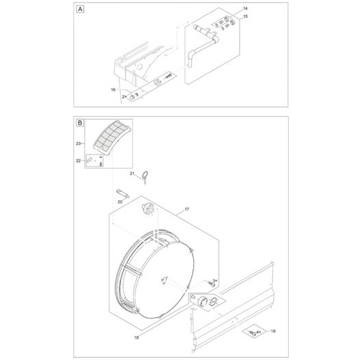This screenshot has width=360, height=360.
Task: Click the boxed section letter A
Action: coord(81,10)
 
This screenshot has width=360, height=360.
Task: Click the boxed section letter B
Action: coord(81,123)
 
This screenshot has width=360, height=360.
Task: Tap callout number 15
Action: coord(246,15)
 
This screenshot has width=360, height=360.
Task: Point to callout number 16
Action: coord(113,89)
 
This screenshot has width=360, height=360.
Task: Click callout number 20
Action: coord(120,202)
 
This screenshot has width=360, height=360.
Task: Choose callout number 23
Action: coord(79,143)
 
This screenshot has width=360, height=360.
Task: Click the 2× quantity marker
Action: coord(124,98)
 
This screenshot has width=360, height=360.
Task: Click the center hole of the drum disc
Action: coord(165,279)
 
